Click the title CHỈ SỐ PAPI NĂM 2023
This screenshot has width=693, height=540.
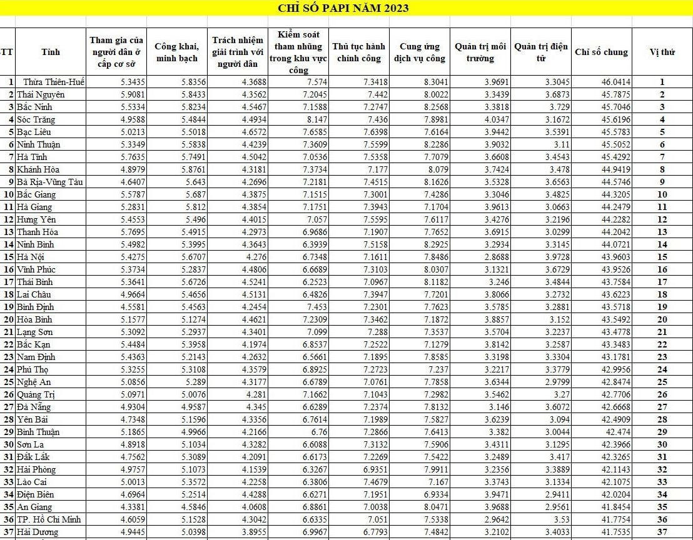click(x=343, y=8)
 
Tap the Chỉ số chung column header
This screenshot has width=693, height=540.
click(x=601, y=52)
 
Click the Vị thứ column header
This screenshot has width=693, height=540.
click(x=662, y=52)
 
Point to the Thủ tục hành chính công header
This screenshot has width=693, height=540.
click(x=359, y=52)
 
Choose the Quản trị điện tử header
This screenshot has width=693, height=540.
click(x=540, y=52)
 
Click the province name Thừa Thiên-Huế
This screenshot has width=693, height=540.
click(x=54, y=82)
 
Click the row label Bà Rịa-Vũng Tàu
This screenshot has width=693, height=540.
click(x=51, y=182)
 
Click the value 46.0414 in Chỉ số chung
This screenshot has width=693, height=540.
click(x=615, y=82)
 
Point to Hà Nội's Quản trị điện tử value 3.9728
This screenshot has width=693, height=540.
click(x=554, y=257)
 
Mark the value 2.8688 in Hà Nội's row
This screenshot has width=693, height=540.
click(x=493, y=257)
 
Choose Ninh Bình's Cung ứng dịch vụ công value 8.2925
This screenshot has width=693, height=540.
click(x=432, y=244)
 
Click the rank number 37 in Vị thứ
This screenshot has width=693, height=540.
click(x=662, y=532)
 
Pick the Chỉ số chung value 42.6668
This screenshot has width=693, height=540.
click(x=615, y=407)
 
